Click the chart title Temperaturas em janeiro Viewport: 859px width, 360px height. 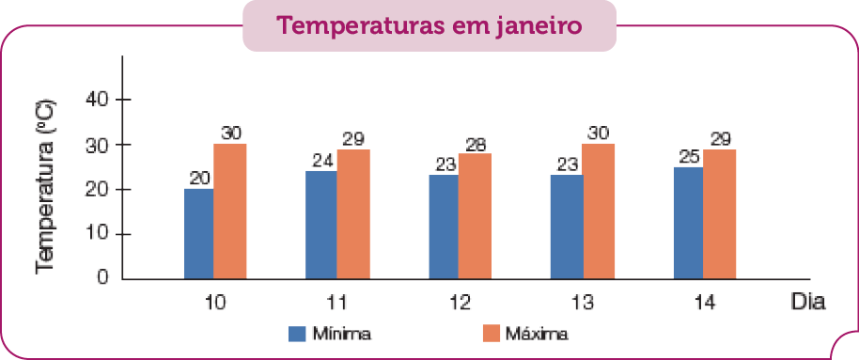[x=429, y=26]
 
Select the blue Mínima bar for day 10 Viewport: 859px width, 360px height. [x=198, y=234]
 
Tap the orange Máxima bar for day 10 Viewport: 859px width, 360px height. [x=229, y=211]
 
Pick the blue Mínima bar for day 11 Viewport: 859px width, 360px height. [x=321, y=225]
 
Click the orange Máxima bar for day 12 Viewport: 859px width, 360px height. [x=475, y=216]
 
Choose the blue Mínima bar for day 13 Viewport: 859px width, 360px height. [x=567, y=227]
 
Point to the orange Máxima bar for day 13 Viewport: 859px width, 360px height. [x=598, y=211]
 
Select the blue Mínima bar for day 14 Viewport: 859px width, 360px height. [x=689, y=223]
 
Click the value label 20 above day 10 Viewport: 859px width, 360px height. [x=198, y=178]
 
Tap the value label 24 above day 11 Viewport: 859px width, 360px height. [x=322, y=160]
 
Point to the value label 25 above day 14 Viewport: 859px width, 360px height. [x=689, y=155]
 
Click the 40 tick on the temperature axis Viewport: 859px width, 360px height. [x=98, y=100]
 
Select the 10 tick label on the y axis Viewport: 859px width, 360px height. [x=98, y=234]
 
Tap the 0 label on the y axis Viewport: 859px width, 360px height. [x=102, y=279]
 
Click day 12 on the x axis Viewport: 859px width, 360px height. [x=460, y=303]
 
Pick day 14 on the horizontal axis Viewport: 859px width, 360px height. [x=704, y=303]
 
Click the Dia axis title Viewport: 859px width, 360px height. [x=807, y=303]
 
